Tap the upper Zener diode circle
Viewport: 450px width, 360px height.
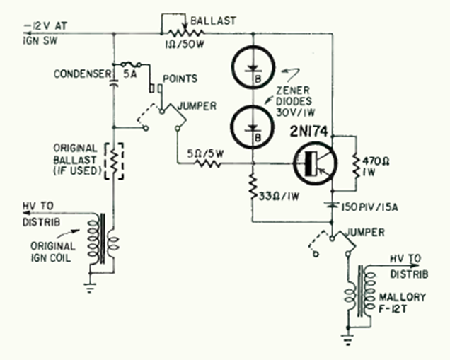click(x=250, y=68)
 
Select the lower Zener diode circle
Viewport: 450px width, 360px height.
click(x=250, y=124)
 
